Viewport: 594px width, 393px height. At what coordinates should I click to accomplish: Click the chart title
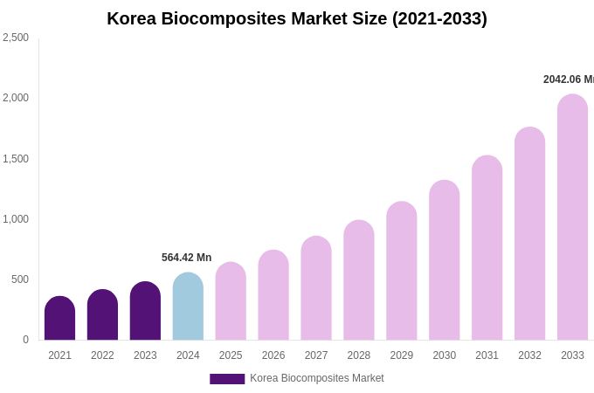pos(297,18)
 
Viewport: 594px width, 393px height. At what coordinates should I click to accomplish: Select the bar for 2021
pos(59,319)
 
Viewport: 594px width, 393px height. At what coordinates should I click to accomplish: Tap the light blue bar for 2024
pos(188,307)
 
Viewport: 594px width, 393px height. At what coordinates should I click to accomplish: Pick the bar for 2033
pos(572,217)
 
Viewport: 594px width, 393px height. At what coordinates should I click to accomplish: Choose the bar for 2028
pos(358,280)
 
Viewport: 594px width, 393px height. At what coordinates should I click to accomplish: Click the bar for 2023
pos(145,311)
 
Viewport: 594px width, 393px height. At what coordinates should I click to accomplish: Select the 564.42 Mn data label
pos(186,258)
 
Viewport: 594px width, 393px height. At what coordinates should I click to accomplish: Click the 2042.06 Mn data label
pos(568,79)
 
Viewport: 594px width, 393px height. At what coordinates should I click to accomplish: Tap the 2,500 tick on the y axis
pos(16,38)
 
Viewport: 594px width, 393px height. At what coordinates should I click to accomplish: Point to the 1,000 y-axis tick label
pos(16,219)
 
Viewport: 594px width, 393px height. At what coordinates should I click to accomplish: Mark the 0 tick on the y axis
pos(25,340)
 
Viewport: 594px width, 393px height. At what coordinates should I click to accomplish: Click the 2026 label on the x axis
pos(273,355)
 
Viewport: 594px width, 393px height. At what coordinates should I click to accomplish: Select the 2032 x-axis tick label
pos(529,355)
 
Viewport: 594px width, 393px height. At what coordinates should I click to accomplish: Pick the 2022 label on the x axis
pos(102,355)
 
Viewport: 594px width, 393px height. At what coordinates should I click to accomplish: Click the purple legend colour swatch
pos(227,379)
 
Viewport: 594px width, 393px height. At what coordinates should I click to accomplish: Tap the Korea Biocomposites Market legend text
pos(317,378)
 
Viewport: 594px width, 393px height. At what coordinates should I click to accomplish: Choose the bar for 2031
pos(487,248)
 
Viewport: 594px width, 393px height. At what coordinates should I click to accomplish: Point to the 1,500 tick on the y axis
pos(16,159)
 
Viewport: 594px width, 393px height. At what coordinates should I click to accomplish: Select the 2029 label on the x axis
pos(401,355)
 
